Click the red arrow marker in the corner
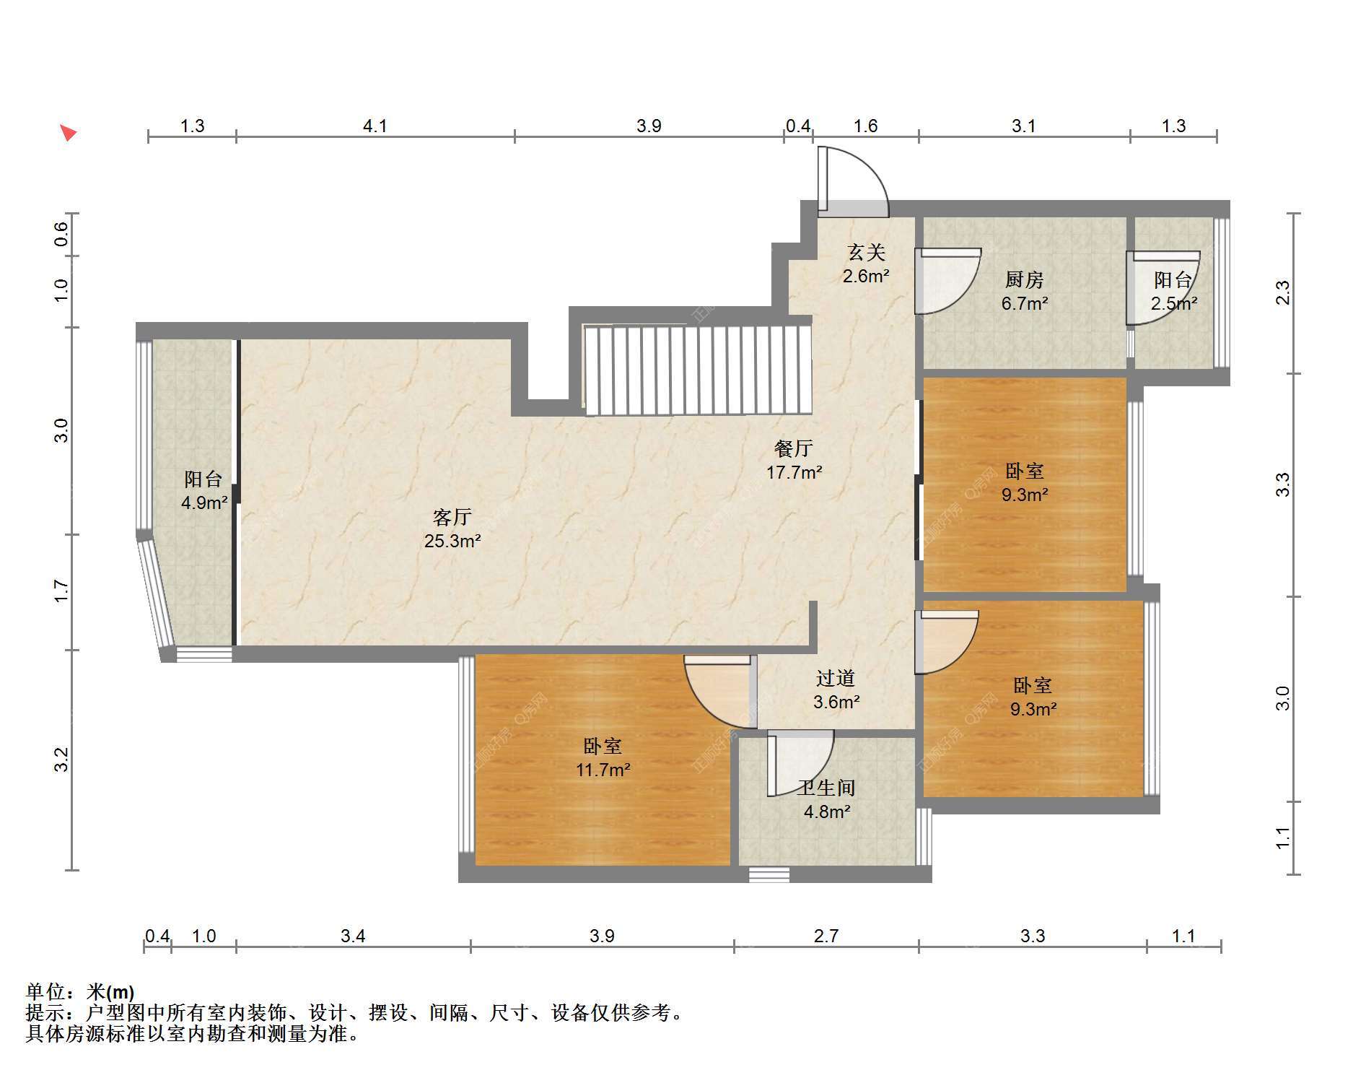pos(68,132)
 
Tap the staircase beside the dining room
pos(698,370)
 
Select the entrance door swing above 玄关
pos(853,181)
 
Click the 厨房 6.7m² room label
pos(1024,291)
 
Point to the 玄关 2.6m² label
pos(866,264)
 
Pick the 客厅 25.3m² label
pos(452,529)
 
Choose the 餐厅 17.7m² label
pos(794,460)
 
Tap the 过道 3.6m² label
pos(836,690)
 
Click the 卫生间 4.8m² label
pos(827,799)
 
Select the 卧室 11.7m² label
pos(603,757)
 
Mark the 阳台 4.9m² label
pos(204,491)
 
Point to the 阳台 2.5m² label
pos(1173,291)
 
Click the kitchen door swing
pos(947,281)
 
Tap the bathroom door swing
pos(800,762)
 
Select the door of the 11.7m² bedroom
pos(719,692)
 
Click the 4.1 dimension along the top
pos(375,126)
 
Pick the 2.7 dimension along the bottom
pos(826,936)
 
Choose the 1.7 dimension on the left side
pos(61,591)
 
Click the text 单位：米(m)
pos(80,991)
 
